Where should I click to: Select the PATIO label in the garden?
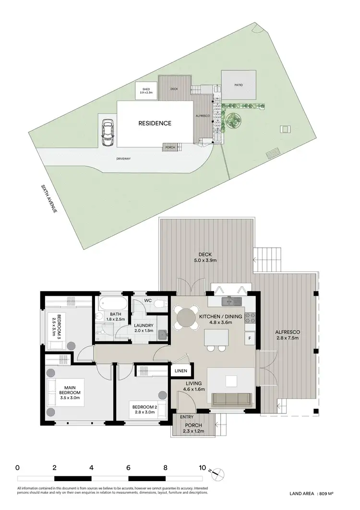pos(239,85)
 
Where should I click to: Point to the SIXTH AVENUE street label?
pos(48,199)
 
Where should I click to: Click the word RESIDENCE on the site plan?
pos(155,123)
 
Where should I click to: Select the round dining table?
pos(186,317)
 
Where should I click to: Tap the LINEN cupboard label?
pos(181,371)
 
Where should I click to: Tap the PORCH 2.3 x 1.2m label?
pos(193,428)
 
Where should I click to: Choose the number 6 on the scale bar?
pos(128,467)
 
